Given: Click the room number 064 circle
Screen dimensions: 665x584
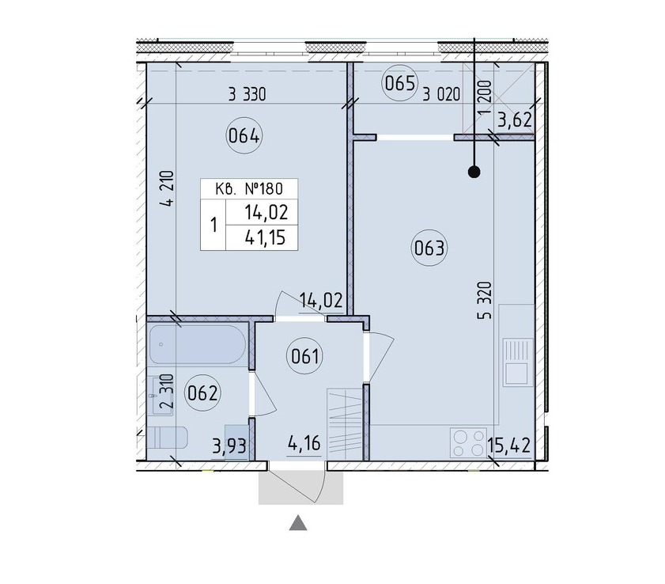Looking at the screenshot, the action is tap(244, 136).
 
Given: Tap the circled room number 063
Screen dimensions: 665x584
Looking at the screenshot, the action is tap(429, 248).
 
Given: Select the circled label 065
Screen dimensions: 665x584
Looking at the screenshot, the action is tap(400, 83).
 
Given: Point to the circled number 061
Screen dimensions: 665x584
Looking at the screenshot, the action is tap(305, 355).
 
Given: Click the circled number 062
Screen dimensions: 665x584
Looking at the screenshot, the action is tap(202, 393).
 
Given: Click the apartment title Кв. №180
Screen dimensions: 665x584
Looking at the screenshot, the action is tap(248, 188).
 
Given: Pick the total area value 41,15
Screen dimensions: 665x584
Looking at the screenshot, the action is tap(266, 238).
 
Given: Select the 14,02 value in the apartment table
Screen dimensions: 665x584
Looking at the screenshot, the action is tap(266, 213).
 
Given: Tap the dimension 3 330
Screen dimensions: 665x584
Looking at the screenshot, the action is tap(247, 94).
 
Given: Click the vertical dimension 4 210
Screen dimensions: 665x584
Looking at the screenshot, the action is tap(168, 188).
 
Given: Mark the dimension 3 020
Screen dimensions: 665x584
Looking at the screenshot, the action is tap(441, 94).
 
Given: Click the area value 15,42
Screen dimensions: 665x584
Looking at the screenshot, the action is tap(509, 446).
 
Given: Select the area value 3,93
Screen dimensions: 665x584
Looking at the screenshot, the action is tap(229, 447).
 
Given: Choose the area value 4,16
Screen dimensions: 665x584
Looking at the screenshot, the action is tap(304, 444).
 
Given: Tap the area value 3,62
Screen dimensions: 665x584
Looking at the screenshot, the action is tap(515, 120).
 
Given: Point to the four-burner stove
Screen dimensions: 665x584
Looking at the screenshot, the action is tap(468, 442).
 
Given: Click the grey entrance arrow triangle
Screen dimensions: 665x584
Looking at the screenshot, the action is tap(298, 524).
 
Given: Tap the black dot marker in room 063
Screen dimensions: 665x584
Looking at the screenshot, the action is tap(474, 172).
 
